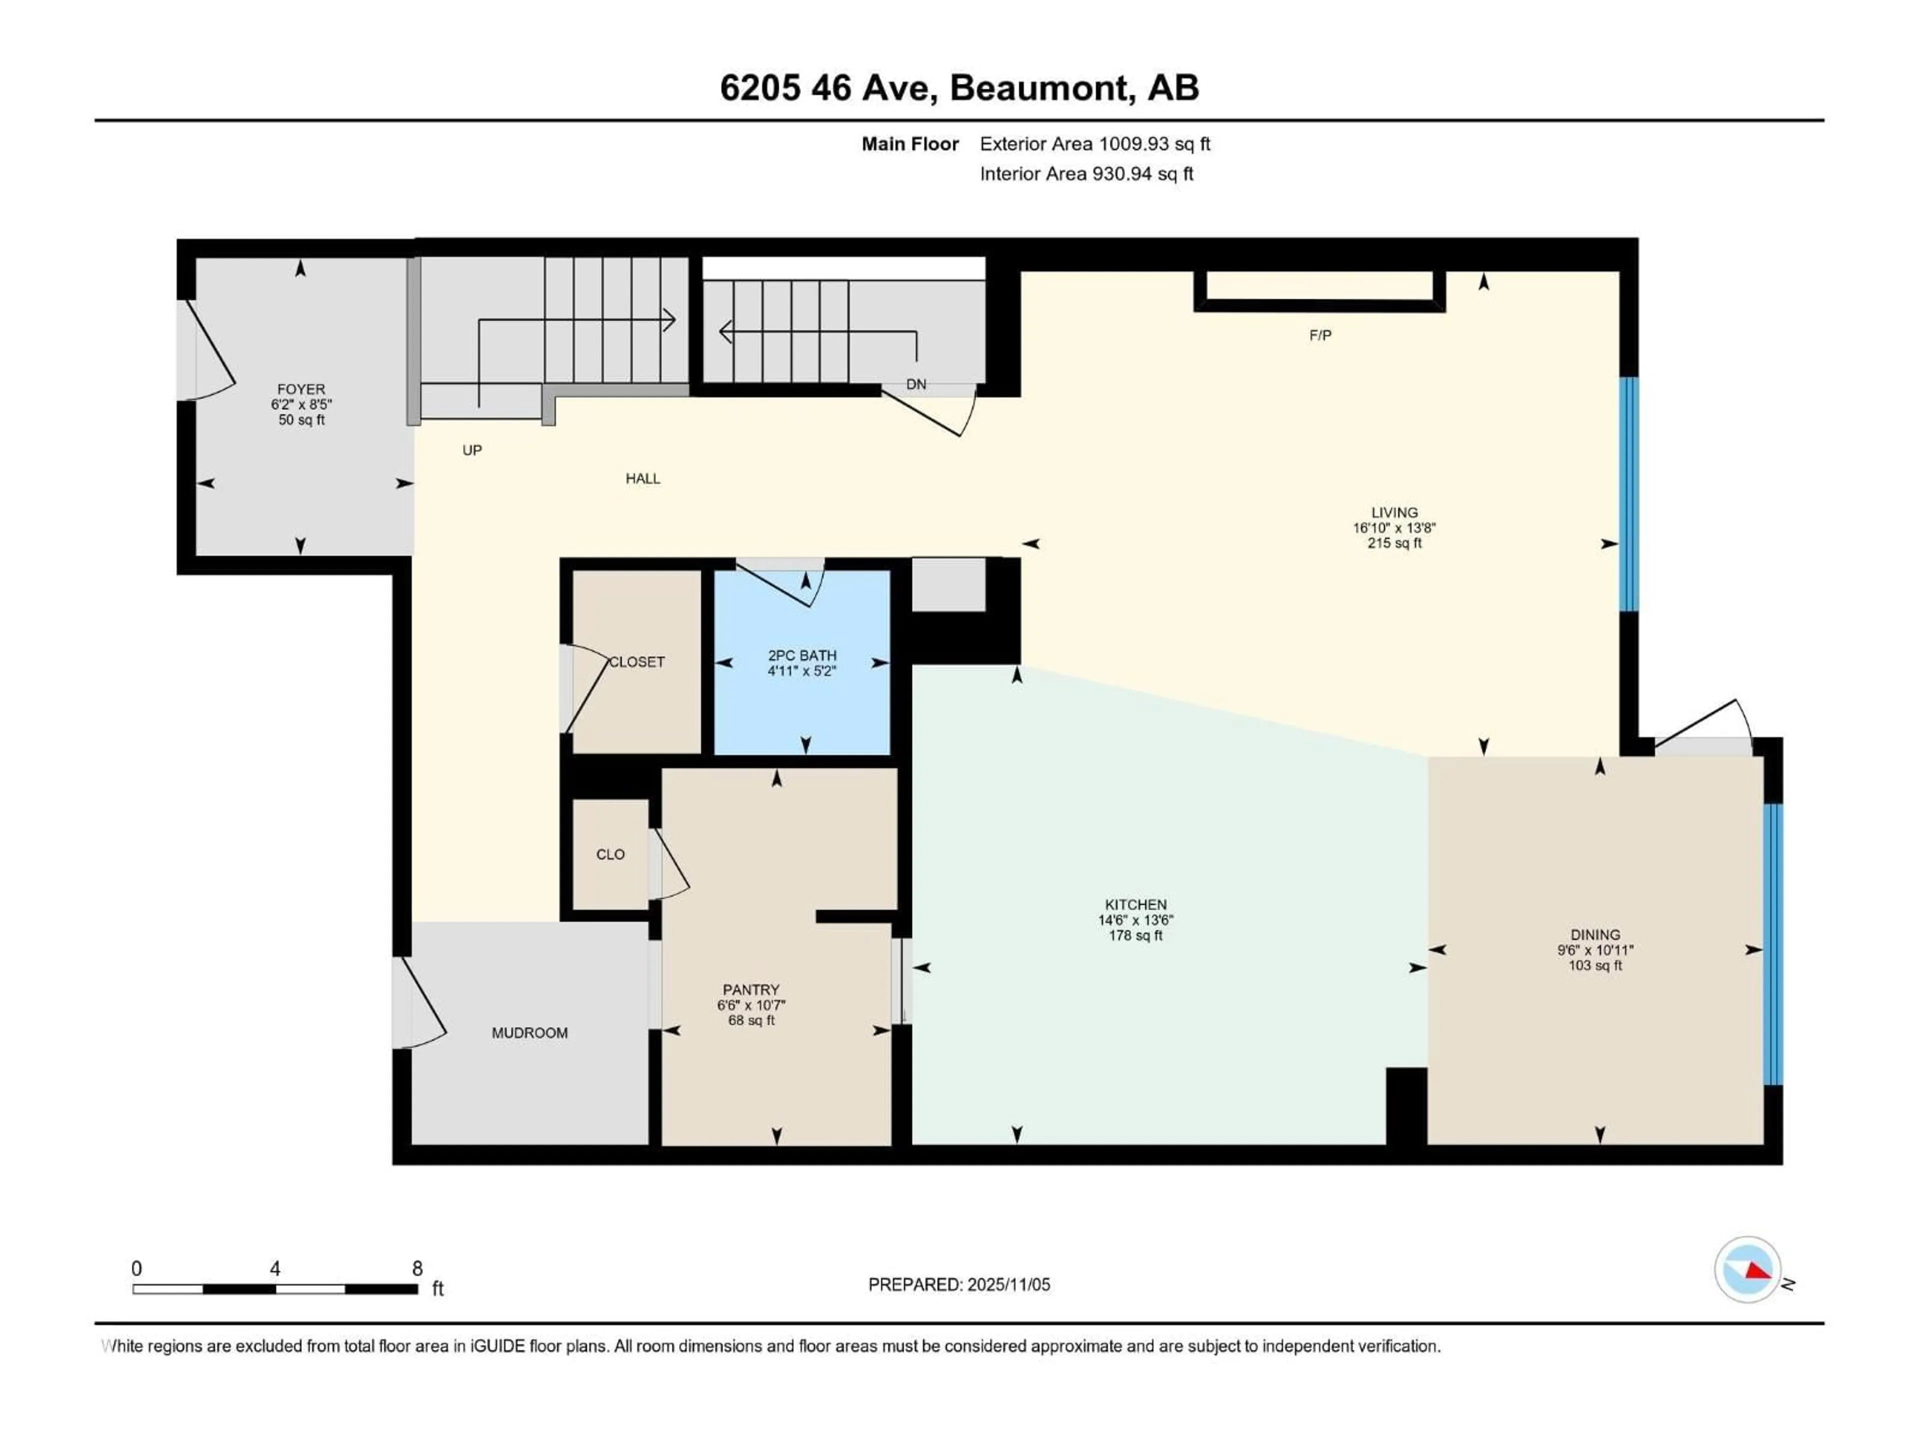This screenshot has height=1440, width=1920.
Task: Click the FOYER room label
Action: click(301, 389)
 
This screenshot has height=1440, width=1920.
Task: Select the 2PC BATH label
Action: click(802, 655)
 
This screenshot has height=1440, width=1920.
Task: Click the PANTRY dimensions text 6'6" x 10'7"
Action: click(751, 1005)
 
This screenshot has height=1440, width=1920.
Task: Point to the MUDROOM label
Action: click(529, 1033)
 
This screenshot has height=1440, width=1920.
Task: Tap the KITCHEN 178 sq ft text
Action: click(1135, 935)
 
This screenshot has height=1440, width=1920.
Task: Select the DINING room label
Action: click(1594, 935)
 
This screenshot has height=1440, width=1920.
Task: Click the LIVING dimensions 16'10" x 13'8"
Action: click(1394, 527)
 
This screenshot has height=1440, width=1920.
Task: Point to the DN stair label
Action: click(915, 384)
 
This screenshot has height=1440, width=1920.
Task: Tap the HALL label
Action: click(642, 478)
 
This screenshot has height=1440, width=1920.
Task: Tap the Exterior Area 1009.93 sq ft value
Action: click(1153, 144)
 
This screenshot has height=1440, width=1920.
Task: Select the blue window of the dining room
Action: click(1773, 944)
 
